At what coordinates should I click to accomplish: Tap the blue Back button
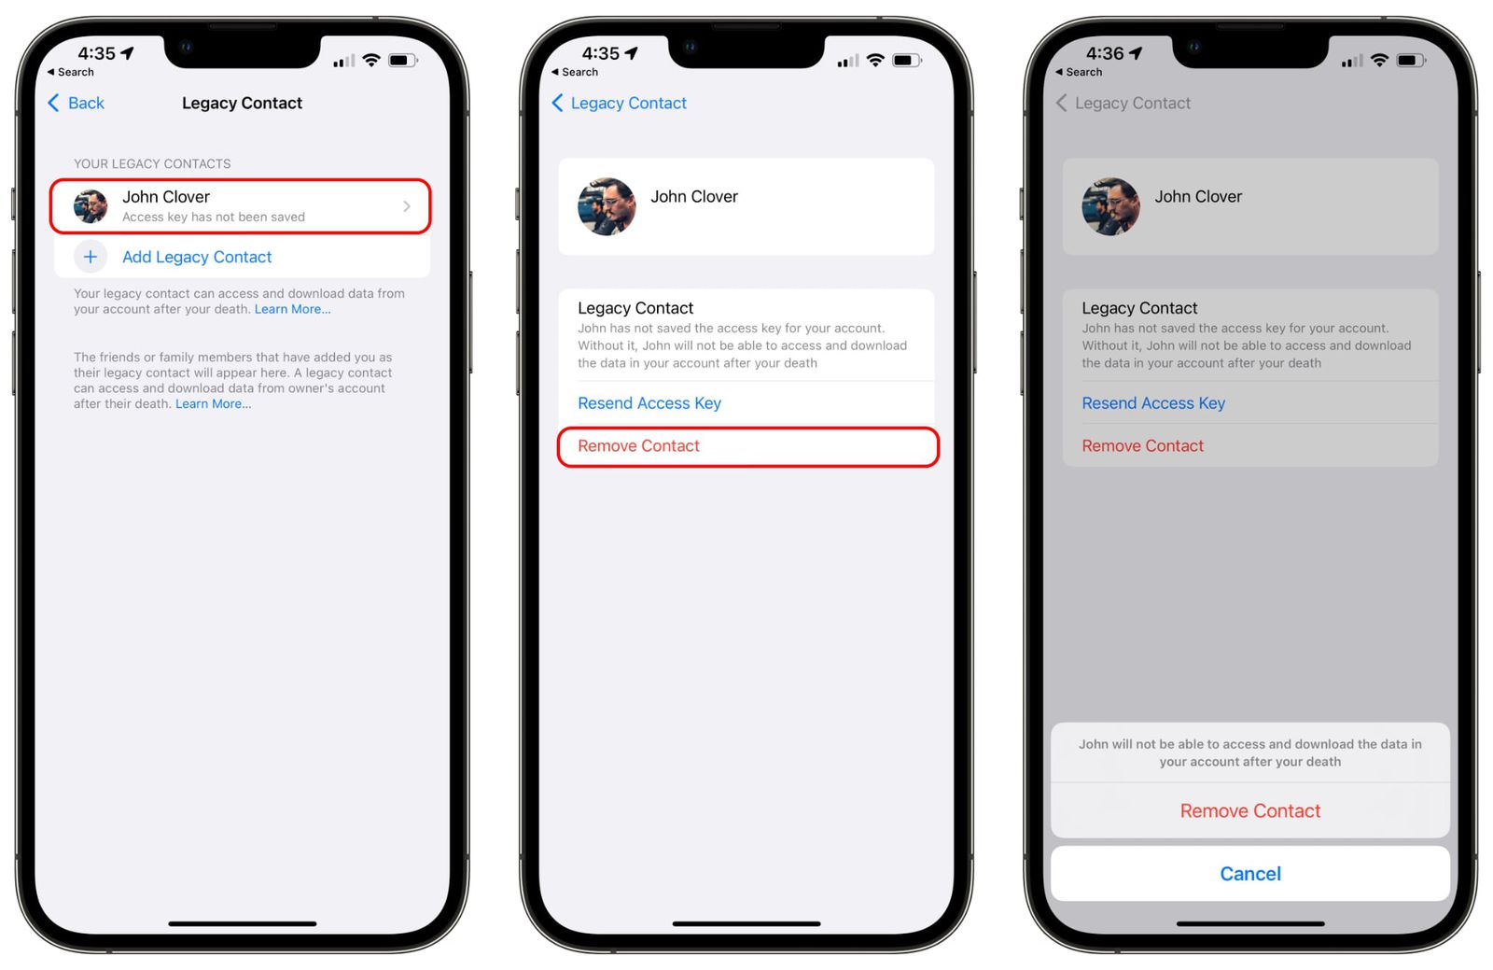click(77, 103)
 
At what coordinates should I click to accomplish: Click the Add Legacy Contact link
click(197, 257)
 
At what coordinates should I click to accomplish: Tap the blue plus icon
click(91, 257)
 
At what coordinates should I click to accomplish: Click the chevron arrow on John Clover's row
click(407, 206)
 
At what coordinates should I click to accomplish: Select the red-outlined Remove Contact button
click(747, 446)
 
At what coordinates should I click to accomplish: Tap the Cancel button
click(1250, 874)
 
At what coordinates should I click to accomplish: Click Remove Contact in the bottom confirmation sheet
click(1250, 811)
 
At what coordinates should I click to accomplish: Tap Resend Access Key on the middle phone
click(649, 403)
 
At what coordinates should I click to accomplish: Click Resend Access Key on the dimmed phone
click(1153, 403)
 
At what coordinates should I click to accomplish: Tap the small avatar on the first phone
click(91, 206)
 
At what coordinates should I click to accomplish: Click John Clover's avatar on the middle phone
click(607, 206)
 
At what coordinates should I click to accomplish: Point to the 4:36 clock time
click(1105, 53)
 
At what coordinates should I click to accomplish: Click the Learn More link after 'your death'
click(292, 310)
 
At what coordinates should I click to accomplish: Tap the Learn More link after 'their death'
click(213, 404)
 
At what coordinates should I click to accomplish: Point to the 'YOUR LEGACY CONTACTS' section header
click(152, 163)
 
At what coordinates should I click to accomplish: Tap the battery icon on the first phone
click(402, 61)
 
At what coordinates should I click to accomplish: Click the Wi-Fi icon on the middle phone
click(875, 61)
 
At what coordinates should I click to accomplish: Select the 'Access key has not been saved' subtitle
click(214, 218)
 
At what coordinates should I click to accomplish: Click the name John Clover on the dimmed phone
click(1198, 197)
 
